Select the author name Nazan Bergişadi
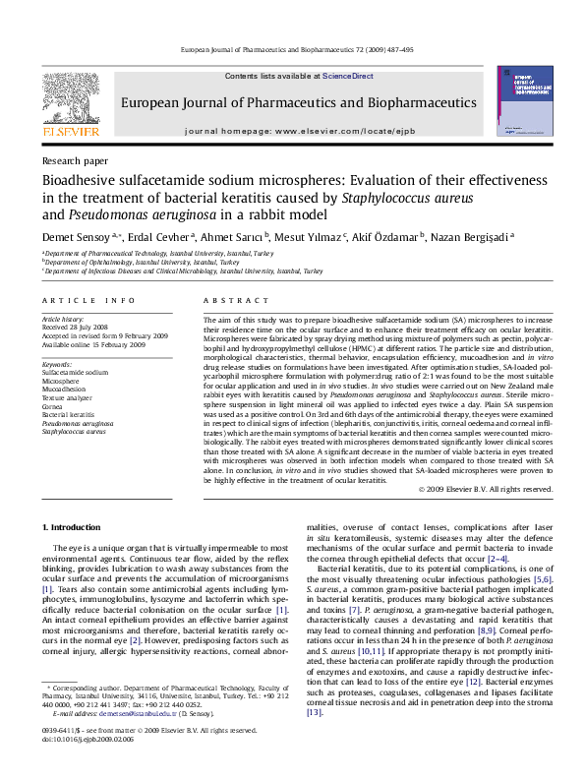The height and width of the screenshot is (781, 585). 502,236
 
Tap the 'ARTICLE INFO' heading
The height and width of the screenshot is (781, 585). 88,300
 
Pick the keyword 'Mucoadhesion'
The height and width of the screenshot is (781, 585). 64,389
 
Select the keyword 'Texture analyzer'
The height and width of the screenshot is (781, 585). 67,396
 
